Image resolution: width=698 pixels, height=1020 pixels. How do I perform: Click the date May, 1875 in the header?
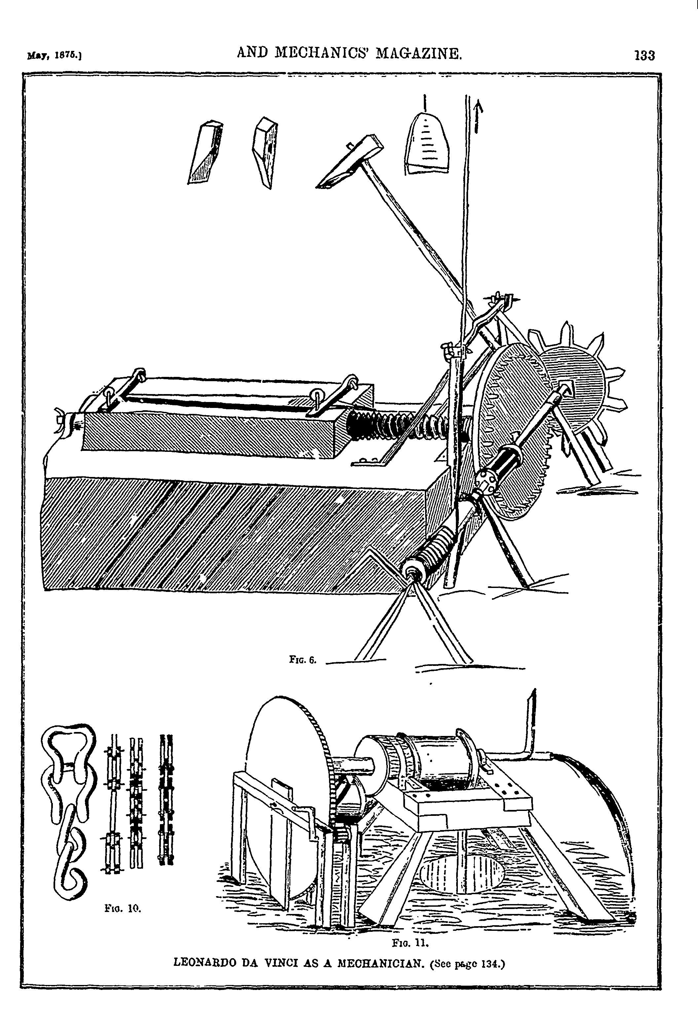pyautogui.click(x=55, y=56)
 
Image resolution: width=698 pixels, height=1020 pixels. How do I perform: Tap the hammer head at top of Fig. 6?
pyautogui.click(x=350, y=162)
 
